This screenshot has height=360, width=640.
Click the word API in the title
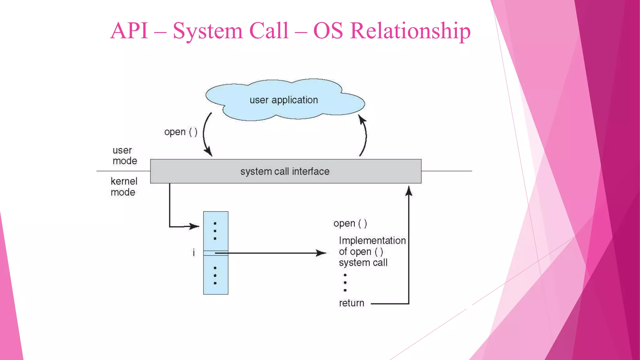129,31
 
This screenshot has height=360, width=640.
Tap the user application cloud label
283,100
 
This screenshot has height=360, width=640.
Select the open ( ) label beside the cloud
181,132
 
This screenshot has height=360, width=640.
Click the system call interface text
285,171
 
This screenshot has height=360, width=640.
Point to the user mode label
124,155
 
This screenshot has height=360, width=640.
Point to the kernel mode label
124,187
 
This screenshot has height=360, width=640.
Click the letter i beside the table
194,252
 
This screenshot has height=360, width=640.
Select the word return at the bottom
352,303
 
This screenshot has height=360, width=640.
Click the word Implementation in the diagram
372,240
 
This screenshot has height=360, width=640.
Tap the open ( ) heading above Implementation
350,223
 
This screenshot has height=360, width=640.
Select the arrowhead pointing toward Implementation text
321,253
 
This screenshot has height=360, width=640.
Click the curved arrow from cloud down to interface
205,134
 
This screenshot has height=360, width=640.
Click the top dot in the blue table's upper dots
215,223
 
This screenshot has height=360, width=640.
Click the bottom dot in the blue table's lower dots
215,283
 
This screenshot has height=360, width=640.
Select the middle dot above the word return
345,282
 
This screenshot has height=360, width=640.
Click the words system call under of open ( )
363,262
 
